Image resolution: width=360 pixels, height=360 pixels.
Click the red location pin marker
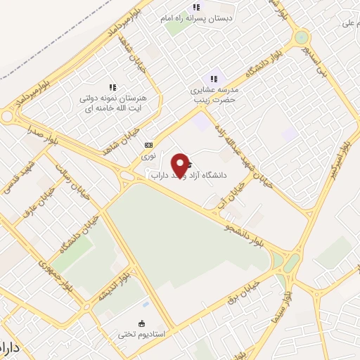(181, 165)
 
